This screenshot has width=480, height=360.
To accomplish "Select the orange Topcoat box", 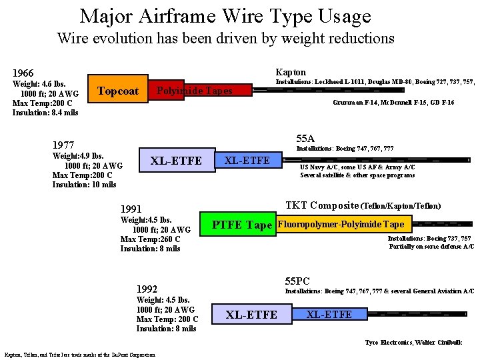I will (x=117, y=91).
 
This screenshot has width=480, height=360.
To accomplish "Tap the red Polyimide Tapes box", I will (x=194, y=91).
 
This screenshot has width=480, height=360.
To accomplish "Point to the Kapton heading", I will (x=291, y=72).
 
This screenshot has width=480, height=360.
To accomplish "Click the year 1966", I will (x=23, y=73).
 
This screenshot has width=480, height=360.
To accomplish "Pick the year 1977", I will (x=63, y=145).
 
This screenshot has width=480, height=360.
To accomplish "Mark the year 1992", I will (x=147, y=289).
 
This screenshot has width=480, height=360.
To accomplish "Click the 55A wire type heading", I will (x=305, y=139).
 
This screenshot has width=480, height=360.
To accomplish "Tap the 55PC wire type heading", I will (x=297, y=281).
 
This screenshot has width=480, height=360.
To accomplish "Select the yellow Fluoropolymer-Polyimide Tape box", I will (x=340, y=225).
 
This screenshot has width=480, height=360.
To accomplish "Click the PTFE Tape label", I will (x=241, y=225).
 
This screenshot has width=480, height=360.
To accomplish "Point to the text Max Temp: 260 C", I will (x=151, y=239).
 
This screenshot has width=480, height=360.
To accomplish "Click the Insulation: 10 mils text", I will (x=84, y=185).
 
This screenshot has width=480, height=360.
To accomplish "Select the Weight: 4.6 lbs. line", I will (x=40, y=84).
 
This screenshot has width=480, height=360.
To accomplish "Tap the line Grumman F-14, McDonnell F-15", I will (x=393, y=103).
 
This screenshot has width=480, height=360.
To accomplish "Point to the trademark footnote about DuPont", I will (x=79, y=355).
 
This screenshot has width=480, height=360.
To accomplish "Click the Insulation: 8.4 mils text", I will (x=45, y=113).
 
